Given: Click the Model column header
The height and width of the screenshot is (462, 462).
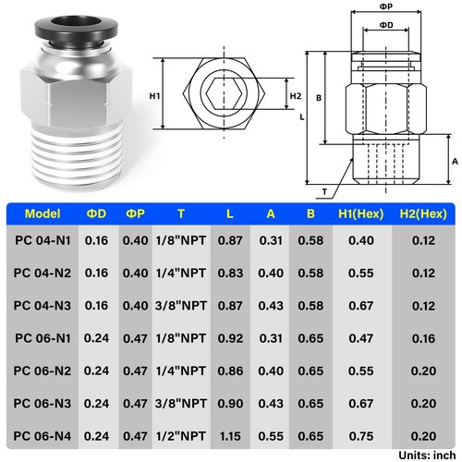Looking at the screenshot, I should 43,213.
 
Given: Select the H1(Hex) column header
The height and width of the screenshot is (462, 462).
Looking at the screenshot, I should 355,213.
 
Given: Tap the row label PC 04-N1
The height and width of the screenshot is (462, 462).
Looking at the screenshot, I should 43,241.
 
